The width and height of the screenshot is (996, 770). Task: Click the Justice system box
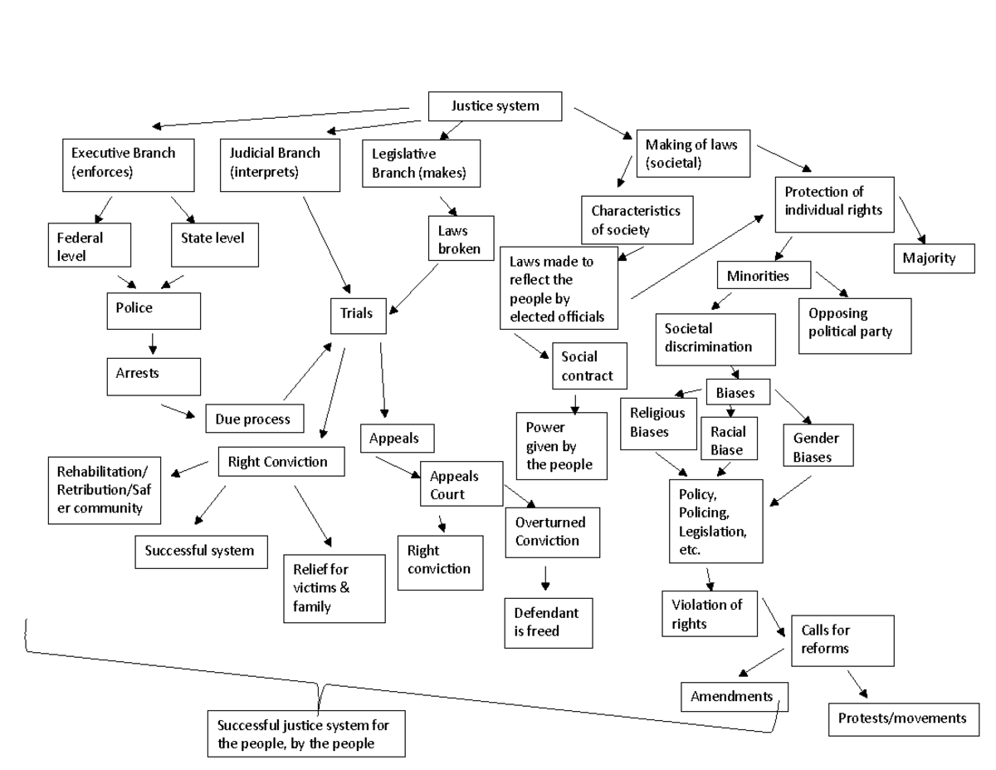(x=496, y=106)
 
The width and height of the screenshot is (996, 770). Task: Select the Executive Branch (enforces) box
(x=129, y=164)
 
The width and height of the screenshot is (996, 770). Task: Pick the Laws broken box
(x=460, y=238)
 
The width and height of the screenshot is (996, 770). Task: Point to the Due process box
(x=254, y=419)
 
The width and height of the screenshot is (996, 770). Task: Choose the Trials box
(x=356, y=314)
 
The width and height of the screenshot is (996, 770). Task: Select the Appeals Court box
(x=461, y=483)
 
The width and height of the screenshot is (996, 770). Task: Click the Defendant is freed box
(x=548, y=622)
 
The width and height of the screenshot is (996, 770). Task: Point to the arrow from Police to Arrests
(x=153, y=343)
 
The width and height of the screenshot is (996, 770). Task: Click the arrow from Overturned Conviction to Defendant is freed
(x=545, y=577)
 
